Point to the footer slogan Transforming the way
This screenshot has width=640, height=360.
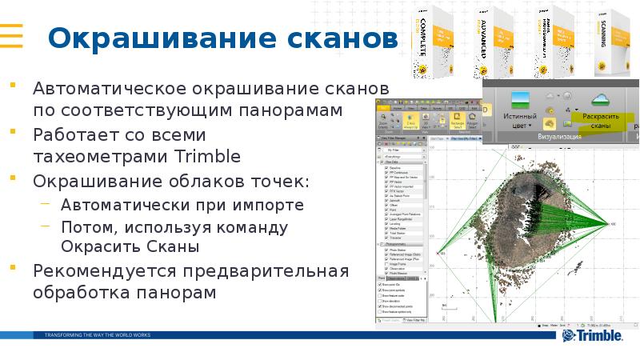point(97,334)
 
